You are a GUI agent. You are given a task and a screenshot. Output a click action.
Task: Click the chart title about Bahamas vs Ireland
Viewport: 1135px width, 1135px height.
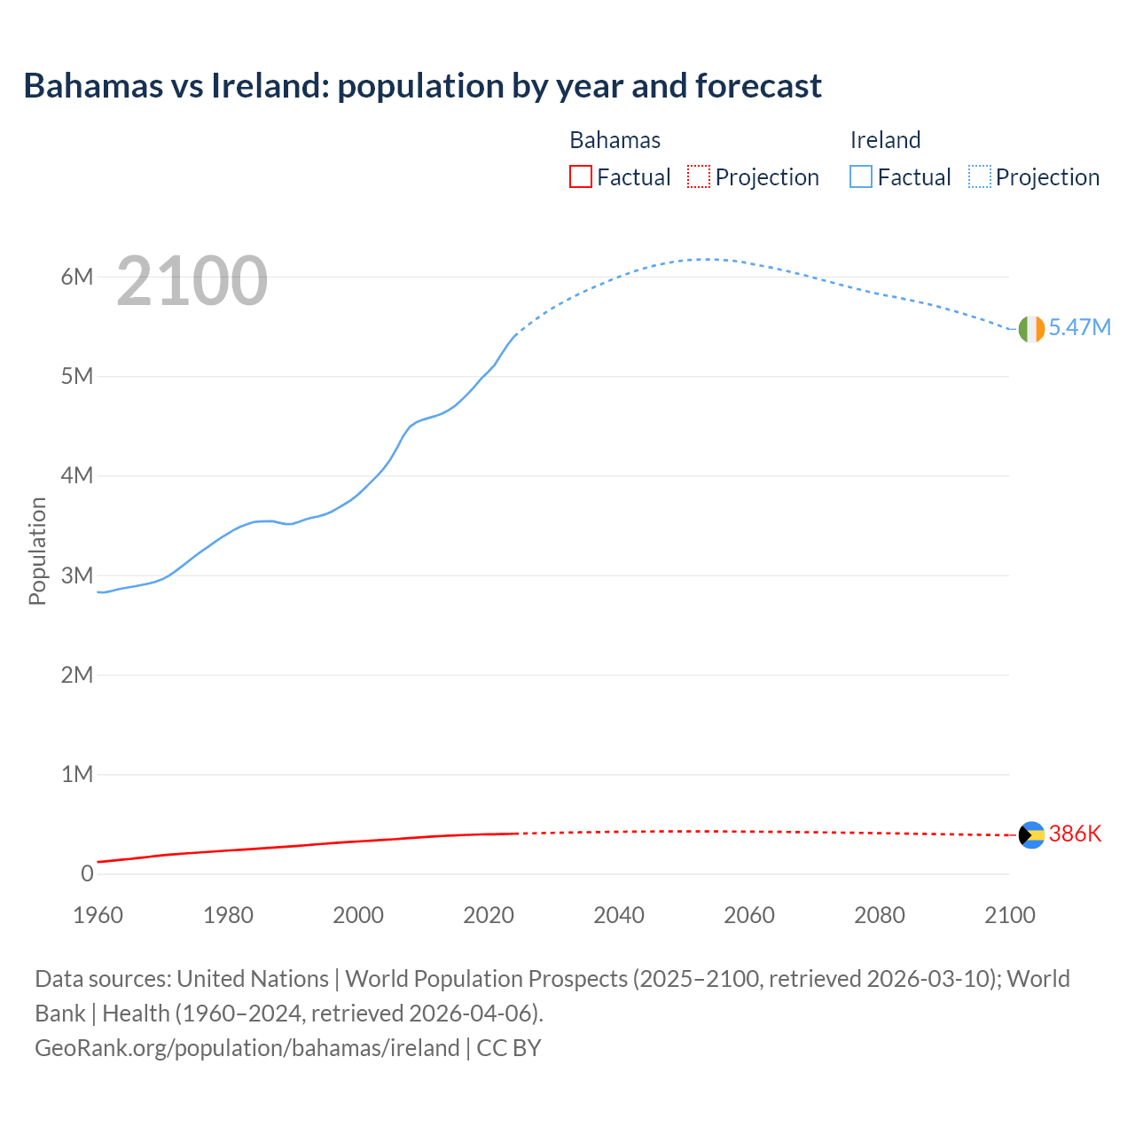tap(422, 86)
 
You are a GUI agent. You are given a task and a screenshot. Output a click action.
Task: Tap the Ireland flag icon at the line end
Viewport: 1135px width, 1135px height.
tap(1031, 329)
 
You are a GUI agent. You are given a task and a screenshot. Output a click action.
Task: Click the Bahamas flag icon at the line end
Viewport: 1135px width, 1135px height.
tap(1031, 835)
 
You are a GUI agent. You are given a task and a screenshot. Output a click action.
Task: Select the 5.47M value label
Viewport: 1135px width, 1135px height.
tap(1079, 327)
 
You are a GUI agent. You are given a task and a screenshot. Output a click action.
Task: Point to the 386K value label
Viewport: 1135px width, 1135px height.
tap(1075, 834)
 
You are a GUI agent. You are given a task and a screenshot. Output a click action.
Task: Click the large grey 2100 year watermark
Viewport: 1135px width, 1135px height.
tap(192, 281)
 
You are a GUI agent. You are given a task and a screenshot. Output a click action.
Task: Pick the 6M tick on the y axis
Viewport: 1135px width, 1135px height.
tap(77, 277)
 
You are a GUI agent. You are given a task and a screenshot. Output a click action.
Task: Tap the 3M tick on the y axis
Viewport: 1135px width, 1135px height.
tap(77, 575)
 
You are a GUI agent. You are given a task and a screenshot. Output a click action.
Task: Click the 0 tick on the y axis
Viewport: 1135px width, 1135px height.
tap(87, 873)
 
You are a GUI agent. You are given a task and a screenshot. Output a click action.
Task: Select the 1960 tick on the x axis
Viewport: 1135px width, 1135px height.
tap(98, 915)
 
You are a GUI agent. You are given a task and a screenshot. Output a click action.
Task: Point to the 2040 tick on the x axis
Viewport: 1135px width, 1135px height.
tap(619, 915)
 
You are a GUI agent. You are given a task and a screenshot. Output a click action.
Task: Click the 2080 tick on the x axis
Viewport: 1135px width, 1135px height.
tap(880, 915)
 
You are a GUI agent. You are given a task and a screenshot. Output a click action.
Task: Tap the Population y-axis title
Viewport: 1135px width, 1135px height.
tap(37, 551)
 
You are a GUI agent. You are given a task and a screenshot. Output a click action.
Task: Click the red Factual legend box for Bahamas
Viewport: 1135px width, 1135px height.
tap(580, 176)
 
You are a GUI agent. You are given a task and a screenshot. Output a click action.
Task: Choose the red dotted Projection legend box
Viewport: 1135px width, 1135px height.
tap(699, 176)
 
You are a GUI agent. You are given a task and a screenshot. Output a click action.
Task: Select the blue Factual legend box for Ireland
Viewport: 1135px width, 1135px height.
tap(861, 176)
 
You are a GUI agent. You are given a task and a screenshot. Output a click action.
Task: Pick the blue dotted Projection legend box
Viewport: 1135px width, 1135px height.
tap(980, 176)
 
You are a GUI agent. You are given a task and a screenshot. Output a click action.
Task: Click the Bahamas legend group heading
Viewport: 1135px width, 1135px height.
tap(614, 140)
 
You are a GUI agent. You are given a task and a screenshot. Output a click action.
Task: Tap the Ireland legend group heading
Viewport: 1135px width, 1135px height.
tap(885, 140)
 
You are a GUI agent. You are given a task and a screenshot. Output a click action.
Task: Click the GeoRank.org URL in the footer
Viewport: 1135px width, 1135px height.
tap(247, 1047)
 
